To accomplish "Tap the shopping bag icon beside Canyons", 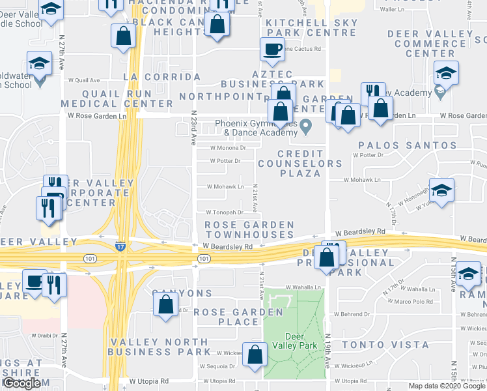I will click(166, 303).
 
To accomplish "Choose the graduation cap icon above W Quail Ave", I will click(39, 65).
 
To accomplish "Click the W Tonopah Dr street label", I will click(225, 212).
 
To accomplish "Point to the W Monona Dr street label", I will click(227, 148).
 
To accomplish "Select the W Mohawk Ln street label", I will click(225, 186).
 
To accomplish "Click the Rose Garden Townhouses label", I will click(249, 229).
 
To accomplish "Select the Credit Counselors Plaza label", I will click(300, 163).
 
